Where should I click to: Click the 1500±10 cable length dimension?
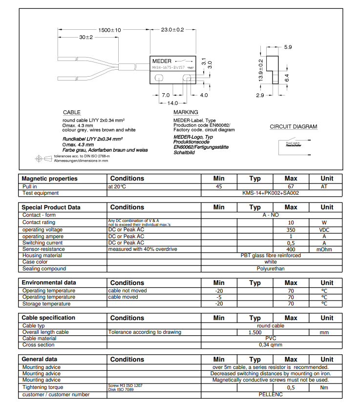click(x=109, y=30)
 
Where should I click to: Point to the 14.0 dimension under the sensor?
click(x=172, y=103)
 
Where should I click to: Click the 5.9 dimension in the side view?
click(x=288, y=47)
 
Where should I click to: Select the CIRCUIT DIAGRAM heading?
click(x=293, y=127)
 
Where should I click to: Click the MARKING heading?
click(x=186, y=113)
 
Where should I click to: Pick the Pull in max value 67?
click(x=291, y=186)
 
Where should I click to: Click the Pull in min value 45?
click(x=219, y=186)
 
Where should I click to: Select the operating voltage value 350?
click(x=291, y=229)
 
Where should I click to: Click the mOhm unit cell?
click(x=326, y=249)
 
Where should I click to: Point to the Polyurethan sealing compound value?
click(x=271, y=268)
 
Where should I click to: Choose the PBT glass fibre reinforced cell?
click(x=271, y=255)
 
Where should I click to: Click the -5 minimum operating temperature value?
click(x=219, y=297)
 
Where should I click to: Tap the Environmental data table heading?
click(x=49, y=283)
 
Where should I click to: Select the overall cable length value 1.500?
click(x=254, y=332)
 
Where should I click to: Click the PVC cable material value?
click(x=271, y=338)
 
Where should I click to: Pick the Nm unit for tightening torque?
click(x=326, y=387)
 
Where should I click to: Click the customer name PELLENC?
click(x=271, y=394)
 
